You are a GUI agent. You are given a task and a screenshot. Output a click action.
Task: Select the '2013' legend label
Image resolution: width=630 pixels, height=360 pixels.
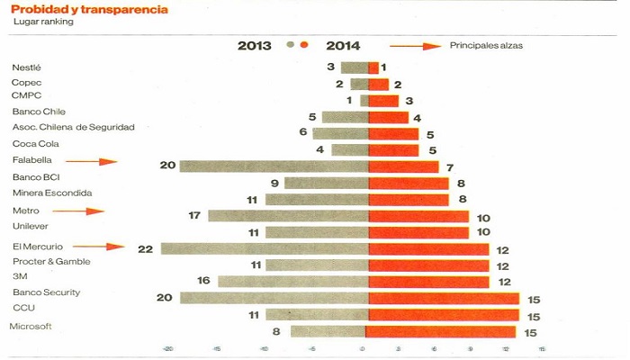click(256, 46)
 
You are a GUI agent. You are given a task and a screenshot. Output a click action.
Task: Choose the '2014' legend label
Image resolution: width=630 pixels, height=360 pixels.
click(344, 46)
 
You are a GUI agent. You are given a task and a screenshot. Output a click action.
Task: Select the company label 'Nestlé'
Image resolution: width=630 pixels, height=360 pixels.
click(27, 68)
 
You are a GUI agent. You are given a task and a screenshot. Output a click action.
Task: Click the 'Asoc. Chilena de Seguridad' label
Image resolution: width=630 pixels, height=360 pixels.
click(73, 127)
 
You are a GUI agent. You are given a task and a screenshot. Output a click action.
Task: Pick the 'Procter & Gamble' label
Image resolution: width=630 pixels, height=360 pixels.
click(51, 261)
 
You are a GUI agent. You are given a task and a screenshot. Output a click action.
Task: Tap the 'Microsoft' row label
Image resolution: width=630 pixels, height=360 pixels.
click(31, 327)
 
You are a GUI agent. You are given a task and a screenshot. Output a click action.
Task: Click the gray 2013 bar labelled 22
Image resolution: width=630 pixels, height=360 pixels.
click(265, 248)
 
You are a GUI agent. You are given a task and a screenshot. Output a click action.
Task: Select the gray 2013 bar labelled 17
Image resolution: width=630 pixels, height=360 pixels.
click(288, 215)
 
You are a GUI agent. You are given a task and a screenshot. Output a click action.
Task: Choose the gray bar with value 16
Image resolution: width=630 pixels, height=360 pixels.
click(293, 281)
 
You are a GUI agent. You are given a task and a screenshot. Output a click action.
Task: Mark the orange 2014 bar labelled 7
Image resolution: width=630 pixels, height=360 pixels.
click(403, 166)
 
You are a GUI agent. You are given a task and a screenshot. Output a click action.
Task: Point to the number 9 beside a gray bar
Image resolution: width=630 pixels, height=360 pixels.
click(274, 183)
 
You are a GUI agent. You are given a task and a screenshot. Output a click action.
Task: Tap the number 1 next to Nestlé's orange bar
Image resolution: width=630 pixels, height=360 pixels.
click(383, 67)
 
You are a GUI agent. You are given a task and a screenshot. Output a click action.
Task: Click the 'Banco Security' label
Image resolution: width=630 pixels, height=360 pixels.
click(46, 292)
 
